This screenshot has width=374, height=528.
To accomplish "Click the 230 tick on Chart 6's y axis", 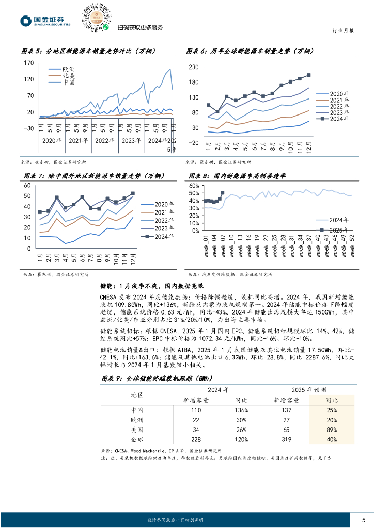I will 194,68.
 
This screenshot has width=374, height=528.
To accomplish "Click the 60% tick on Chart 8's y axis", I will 194,185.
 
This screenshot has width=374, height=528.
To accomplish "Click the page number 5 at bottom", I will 364,519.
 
